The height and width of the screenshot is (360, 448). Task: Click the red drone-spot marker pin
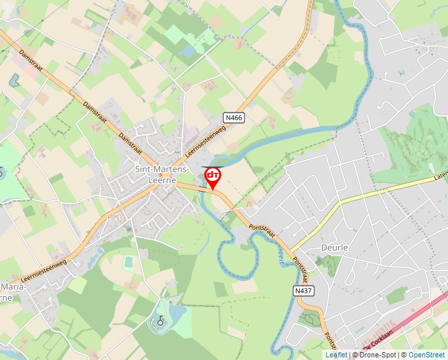click(x=213, y=176)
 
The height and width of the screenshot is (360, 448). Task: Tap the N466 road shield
click(x=234, y=118)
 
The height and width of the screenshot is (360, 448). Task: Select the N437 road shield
click(x=303, y=290)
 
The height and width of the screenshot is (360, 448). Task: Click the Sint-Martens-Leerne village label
click(x=162, y=174)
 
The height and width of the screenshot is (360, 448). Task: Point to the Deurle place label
click(x=333, y=247)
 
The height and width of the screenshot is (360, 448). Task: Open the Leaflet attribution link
click(x=336, y=355)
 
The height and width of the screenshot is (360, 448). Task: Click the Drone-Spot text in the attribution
click(x=377, y=355)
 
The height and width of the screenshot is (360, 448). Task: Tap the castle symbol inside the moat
click(x=159, y=322)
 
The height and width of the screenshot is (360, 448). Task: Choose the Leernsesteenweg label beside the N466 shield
click(x=206, y=140)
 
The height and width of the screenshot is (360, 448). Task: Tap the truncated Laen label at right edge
click(x=440, y=177)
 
